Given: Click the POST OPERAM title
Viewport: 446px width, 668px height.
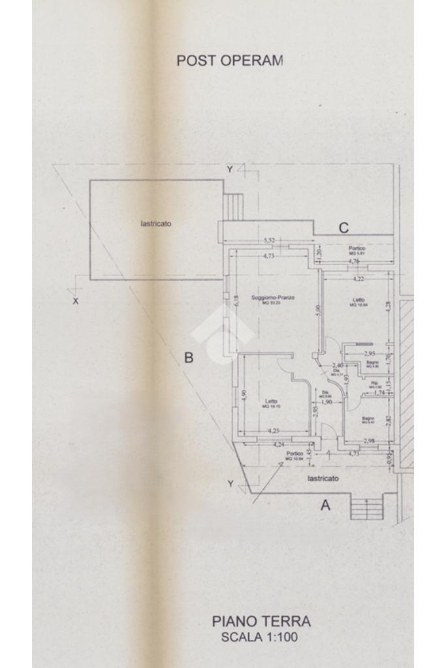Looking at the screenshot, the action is (x=230, y=60).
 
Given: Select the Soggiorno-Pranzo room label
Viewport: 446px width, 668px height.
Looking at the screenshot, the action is (x=273, y=298).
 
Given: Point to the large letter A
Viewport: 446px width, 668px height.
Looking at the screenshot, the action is (x=325, y=505).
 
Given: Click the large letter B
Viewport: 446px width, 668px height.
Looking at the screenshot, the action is (x=188, y=358).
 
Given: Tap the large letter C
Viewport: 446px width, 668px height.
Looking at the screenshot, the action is (x=343, y=228).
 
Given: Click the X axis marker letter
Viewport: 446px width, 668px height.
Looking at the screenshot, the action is (x=76, y=301).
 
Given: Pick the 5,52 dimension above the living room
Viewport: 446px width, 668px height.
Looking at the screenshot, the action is (x=269, y=241).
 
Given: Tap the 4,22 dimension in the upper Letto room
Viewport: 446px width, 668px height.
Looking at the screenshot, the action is (x=358, y=279).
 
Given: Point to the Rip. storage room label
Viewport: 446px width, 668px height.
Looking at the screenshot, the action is (x=375, y=383).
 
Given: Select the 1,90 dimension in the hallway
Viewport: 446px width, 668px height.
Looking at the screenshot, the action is (x=327, y=402).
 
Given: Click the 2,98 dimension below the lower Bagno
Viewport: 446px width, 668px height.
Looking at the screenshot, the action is (x=369, y=440).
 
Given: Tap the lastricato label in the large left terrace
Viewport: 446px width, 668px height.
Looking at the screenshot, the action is (x=156, y=223).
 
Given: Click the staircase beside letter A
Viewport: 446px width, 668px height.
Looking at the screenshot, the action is (x=366, y=507).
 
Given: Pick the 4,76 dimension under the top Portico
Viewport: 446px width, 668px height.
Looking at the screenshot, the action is (x=355, y=261).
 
